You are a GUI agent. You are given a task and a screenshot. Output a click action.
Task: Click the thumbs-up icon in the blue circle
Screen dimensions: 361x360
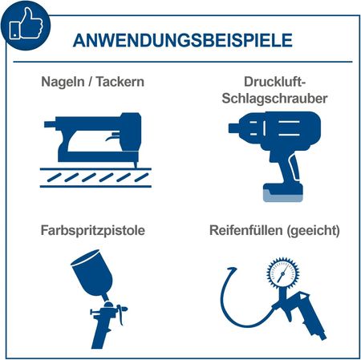(x=26, y=23)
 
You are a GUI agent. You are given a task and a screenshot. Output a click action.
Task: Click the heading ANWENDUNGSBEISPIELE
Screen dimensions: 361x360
(x=183, y=41)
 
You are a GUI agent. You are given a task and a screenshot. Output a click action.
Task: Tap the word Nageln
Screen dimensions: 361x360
(x=63, y=82)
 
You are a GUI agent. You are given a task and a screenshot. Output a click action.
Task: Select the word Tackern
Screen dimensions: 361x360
(x=120, y=82)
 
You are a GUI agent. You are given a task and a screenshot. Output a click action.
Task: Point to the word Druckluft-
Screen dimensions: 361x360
(x=274, y=82)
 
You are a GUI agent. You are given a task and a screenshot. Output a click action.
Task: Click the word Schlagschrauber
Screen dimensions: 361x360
(x=274, y=99)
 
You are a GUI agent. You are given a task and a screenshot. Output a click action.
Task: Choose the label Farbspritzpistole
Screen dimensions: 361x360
(x=93, y=230)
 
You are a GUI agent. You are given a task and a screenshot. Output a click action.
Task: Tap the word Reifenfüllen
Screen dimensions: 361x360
(x=246, y=230)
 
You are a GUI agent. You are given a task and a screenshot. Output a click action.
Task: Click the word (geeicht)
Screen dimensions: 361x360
(x=313, y=231)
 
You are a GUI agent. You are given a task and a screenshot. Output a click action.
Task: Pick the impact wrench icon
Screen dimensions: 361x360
(x=274, y=156)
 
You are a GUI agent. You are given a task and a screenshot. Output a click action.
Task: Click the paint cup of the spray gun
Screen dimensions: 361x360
(x=92, y=273)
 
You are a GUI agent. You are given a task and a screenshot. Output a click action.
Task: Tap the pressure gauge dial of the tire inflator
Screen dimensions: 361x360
(x=282, y=273)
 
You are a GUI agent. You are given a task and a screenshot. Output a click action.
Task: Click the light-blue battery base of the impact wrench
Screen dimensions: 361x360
(x=283, y=196)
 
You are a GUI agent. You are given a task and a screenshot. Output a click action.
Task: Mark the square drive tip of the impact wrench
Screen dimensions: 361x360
(x=233, y=128)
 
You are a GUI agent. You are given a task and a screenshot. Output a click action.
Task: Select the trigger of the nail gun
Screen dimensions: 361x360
(x=113, y=137)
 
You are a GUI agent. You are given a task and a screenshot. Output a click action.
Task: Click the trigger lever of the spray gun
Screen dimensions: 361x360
(x=121, y=315)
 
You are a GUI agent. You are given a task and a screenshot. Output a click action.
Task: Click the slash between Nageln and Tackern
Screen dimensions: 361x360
(x=91, y=82)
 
